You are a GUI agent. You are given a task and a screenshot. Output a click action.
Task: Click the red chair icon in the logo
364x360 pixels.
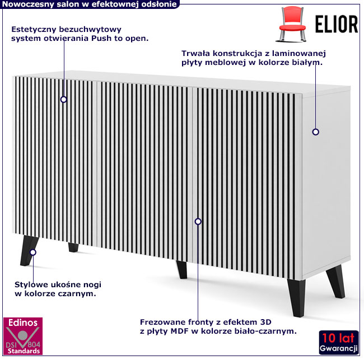click(292, 24)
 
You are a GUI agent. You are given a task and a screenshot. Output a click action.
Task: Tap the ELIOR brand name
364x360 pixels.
click(337, 24)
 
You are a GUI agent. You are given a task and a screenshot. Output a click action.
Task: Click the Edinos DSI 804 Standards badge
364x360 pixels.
click(23, 336)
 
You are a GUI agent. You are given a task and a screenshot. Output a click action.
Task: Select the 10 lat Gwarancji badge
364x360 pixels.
click(339, 343)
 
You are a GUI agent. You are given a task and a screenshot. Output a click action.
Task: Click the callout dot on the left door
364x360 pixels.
click(64, 100)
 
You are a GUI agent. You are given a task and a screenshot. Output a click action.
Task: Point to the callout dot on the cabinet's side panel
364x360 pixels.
click(315, 132)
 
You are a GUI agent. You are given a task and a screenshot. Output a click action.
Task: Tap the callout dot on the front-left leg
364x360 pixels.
click(33, 253)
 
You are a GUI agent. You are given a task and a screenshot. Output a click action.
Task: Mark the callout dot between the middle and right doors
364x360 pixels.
click(198, 222)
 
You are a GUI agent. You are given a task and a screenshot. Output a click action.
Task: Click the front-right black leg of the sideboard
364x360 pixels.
click(296, 298)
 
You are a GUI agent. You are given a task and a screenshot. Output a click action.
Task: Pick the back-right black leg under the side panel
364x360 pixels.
click(335, 281)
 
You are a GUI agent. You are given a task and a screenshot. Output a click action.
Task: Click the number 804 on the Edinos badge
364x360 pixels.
click(34, 344)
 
